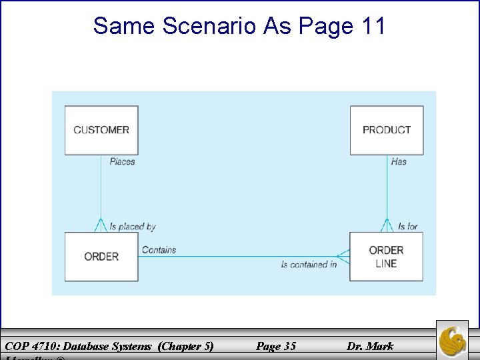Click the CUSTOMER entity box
(x=101, y=130)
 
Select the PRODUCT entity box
(x=387, y=130)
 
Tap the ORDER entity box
(x=101, y=257)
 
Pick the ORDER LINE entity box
(x=386, y=257)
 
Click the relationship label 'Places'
(x=122, y=161)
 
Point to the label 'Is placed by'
(x=132, y=227)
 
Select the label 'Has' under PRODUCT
(x=399, y=161)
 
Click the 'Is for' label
(x=407, y=227)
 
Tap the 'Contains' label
(x=159, y=250)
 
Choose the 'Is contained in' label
(x=309, y=265)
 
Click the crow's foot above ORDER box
(x=101, y=225)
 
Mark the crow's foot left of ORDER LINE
(x=343, y=256)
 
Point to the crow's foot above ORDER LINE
(x=387, y=225)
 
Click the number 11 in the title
(x=373, y=26)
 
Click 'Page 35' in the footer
(x=276, y=346)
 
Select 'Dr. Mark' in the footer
(x=370, y=346)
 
